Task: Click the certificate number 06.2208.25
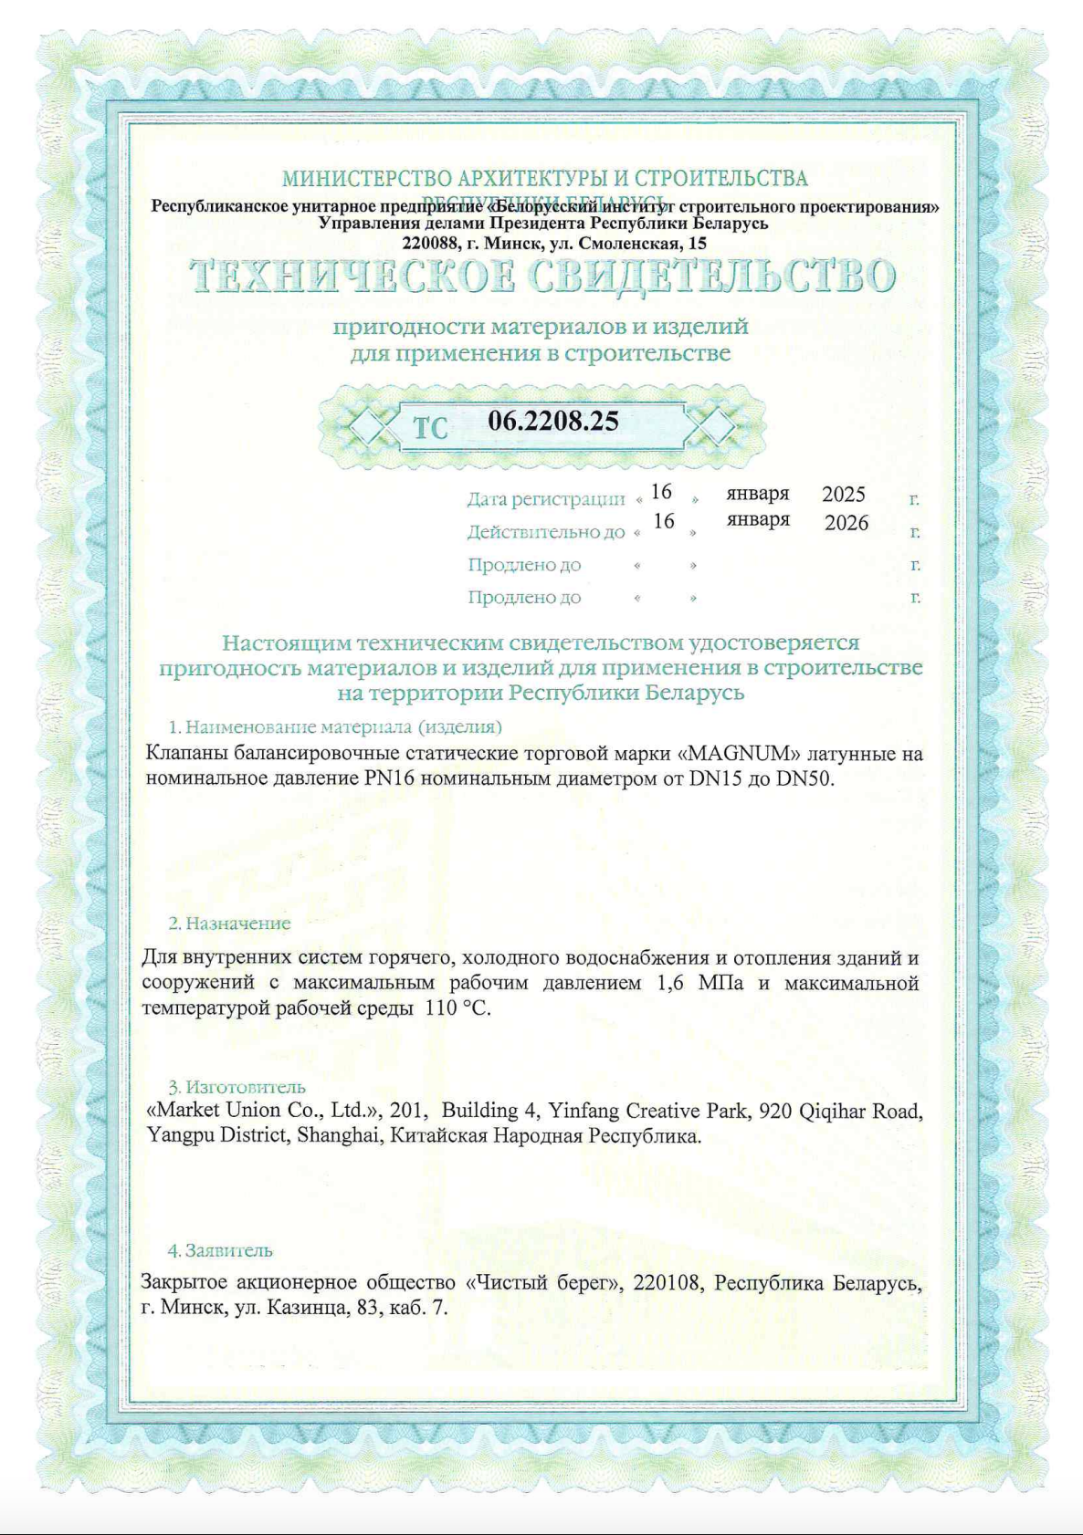[x=553, y=421]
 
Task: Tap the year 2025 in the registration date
[x=843, y=494]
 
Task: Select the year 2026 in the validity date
[x=846, y=523]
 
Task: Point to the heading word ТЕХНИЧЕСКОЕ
[x=348, y=277]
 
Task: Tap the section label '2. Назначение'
[x=229, y=924]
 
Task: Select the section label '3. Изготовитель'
[x=237, y=1087]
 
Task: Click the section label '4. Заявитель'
[x=220, y=1250]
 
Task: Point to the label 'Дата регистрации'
[x=546, y=499]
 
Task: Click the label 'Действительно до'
[x=546, y=532]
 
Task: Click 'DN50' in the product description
[x=804, y=778]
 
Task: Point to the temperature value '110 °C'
[x=457, y=1008]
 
